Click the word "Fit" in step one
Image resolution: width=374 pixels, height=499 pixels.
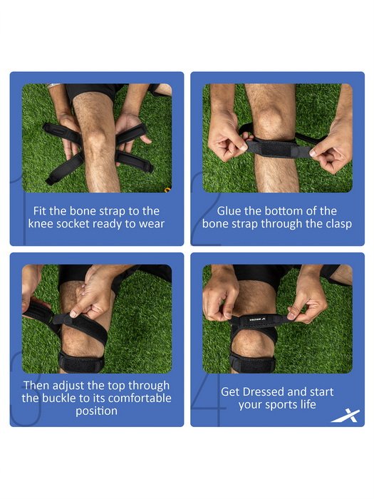point(40,211)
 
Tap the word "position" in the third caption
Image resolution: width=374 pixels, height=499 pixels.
point(96,411)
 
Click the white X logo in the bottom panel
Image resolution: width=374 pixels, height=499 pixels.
point(346,416)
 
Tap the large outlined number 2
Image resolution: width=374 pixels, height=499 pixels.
point(205,210)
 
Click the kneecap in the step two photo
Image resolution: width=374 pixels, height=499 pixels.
point(269,119)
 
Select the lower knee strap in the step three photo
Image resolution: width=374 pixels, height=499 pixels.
point(81,361)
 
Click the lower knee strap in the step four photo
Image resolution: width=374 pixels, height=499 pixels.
point(252,361)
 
